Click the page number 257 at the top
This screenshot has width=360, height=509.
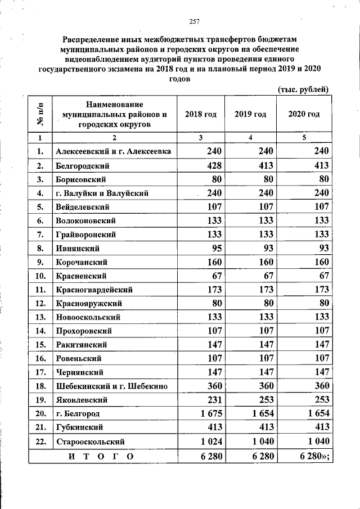click(195, 22)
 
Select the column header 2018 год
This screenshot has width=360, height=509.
click(201, 114)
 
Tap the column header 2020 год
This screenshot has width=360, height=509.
click(304, 114)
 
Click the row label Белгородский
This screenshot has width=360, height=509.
click(82, 166)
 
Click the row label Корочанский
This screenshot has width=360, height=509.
click(82, 262)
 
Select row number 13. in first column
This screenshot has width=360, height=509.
click(40, 317)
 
